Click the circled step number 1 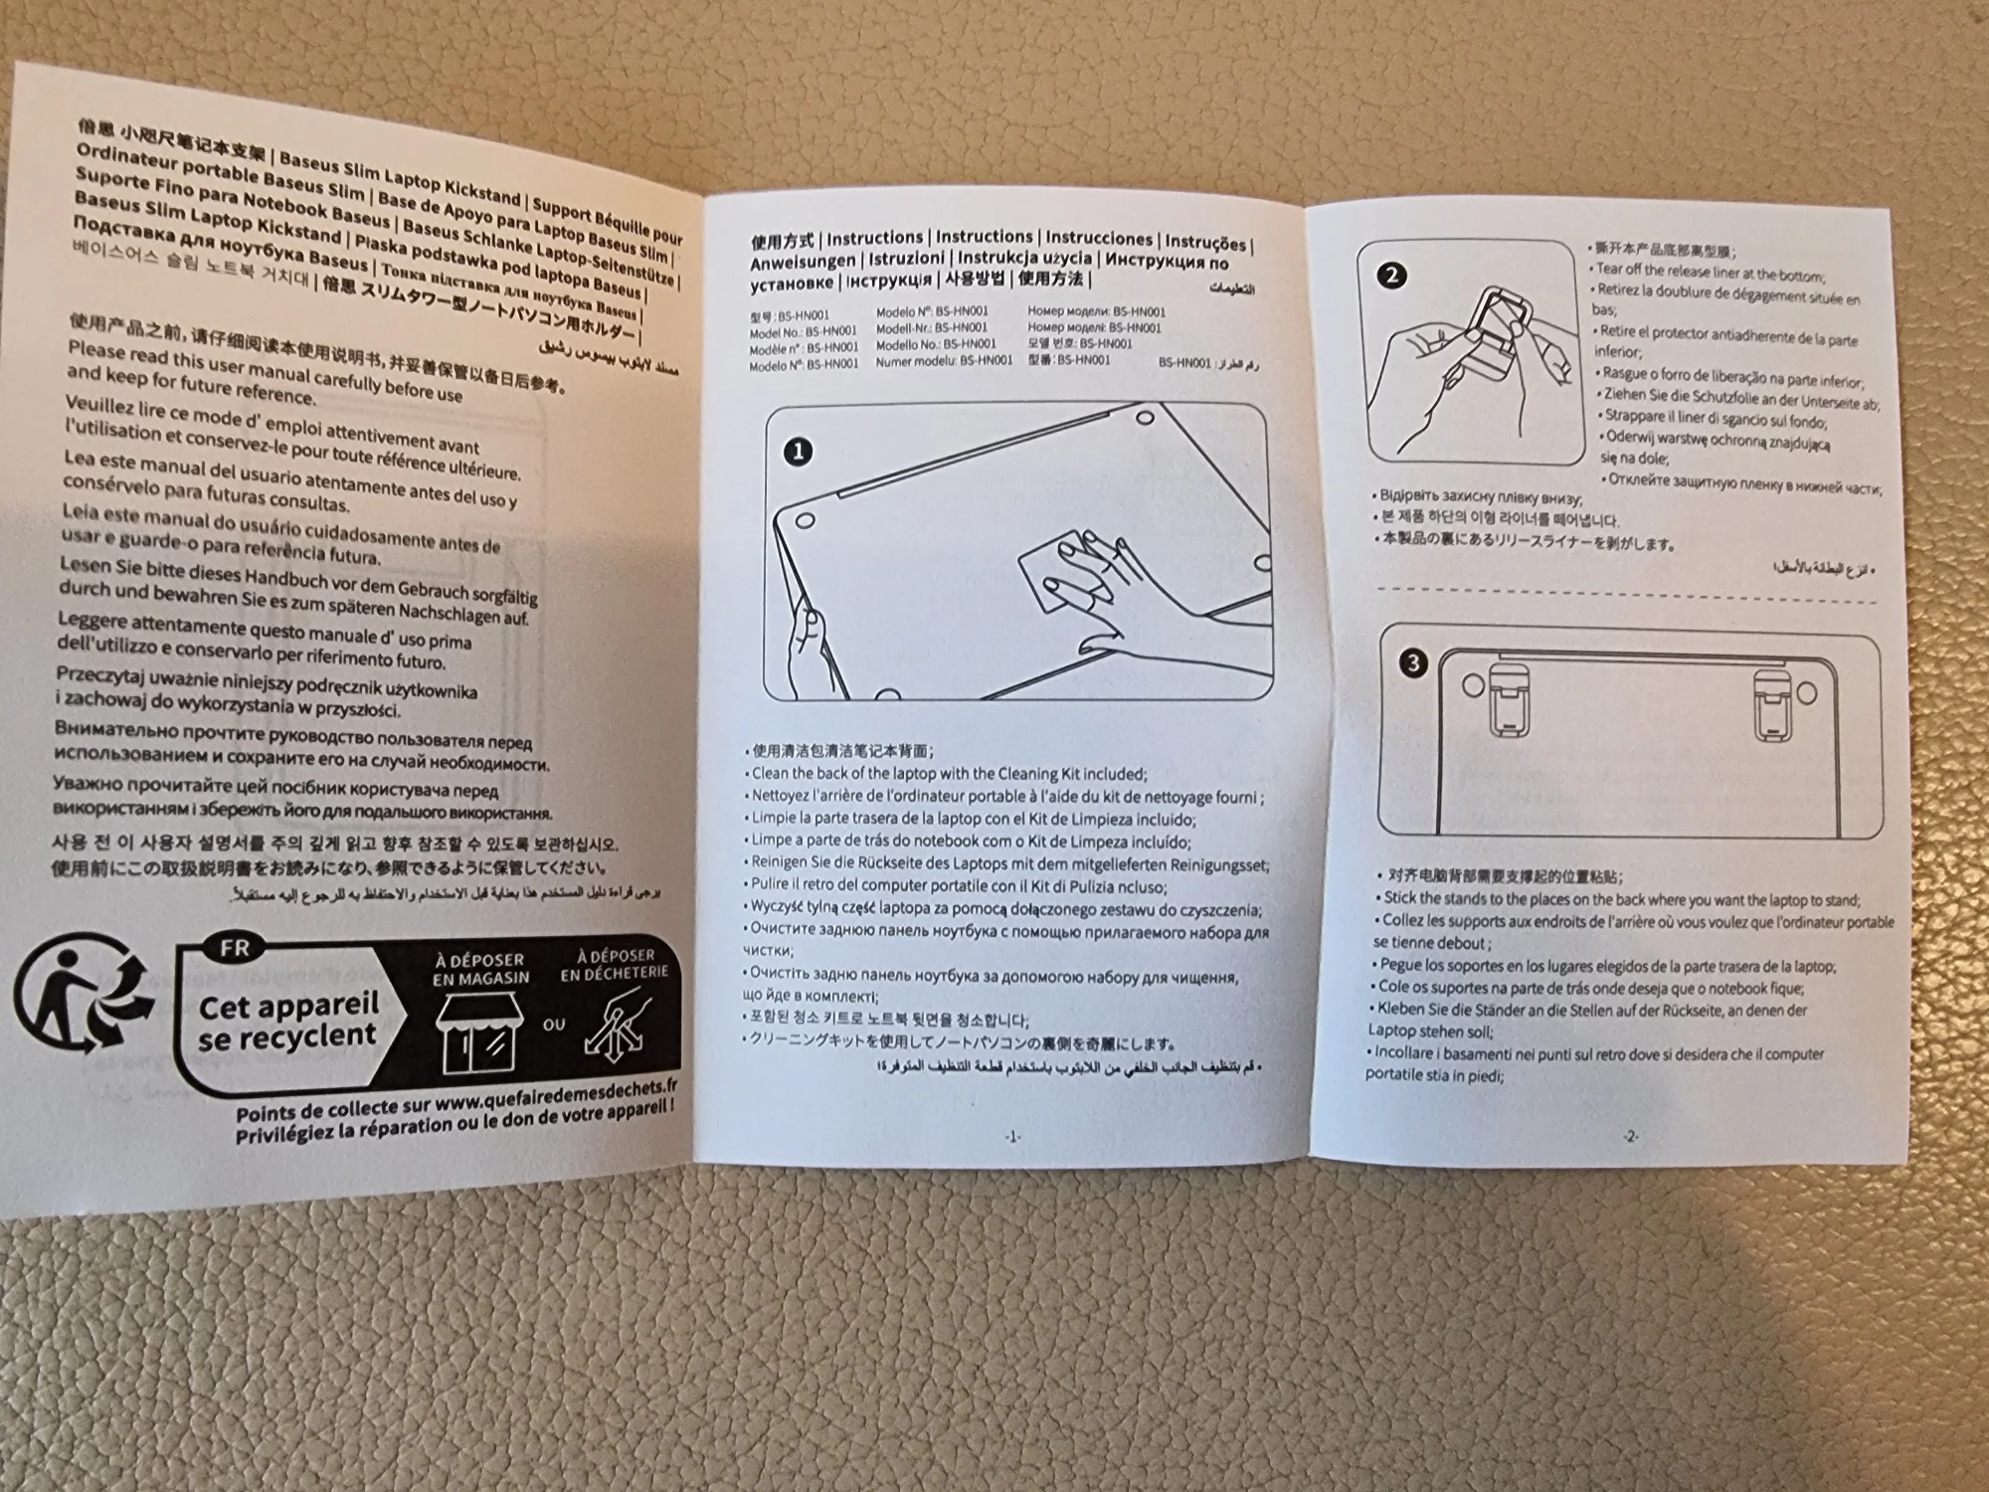pyautogui.click(x=799, y=453)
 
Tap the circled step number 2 pyautogui.click(x=1392, y=276)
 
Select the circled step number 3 pyautogui.click(x=1413, y=663)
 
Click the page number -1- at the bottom pyautogui.click(x=1012, y=1136)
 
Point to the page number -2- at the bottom pyautogui.click(x=1629, y=1136)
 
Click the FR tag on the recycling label pyautogui.click(x=235, y=948)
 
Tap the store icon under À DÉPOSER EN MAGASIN pyautogui.click(x=478, y=1034)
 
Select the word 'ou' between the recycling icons pyautogui.click(x=554, y=1024)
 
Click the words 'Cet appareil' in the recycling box pyautogui.click(x=288, y=1006)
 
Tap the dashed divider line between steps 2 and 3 pyautogui.click(x=1626, y=595)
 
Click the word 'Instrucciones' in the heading pyautogui.click(x=1098, y=239)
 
